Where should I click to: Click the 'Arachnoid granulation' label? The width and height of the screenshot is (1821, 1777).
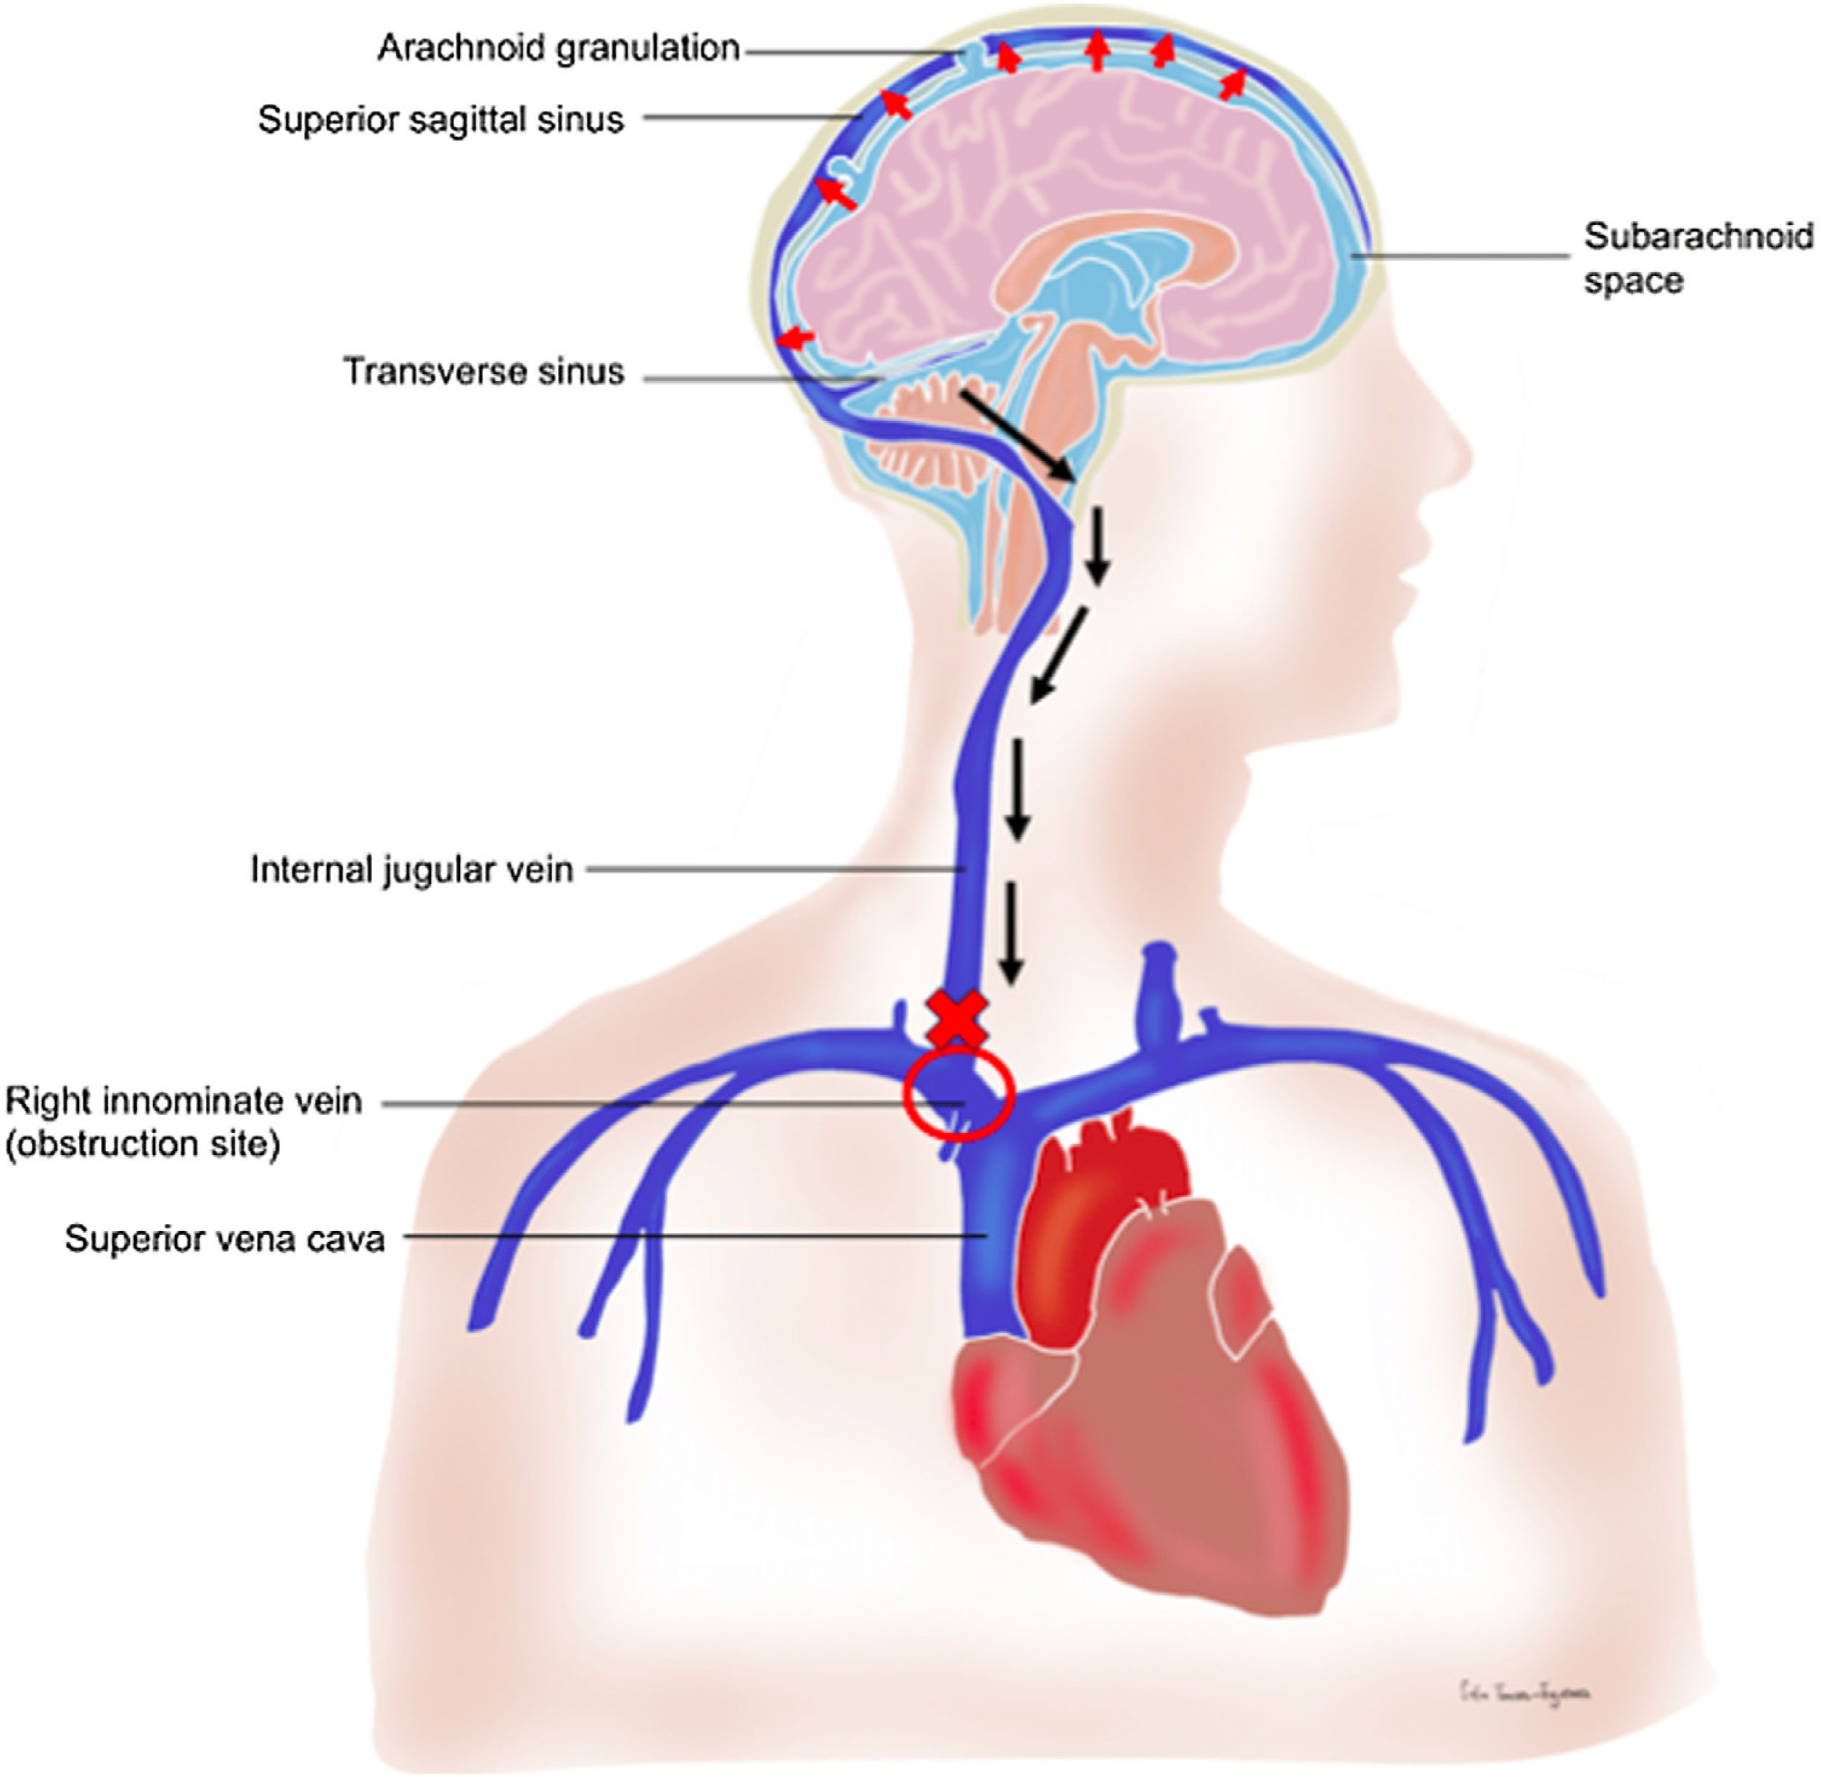558,49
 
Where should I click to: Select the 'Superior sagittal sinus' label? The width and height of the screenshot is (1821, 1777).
440,120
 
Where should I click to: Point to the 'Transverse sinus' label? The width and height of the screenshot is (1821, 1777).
483,372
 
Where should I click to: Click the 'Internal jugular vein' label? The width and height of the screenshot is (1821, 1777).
411,870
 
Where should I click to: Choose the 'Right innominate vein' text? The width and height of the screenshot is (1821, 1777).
184,1101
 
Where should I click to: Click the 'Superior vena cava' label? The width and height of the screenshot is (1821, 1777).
225,1239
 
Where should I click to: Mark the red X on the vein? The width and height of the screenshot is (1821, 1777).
956,1019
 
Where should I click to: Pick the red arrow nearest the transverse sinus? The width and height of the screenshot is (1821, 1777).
796,338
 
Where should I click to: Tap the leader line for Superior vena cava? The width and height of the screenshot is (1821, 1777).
691,1238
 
